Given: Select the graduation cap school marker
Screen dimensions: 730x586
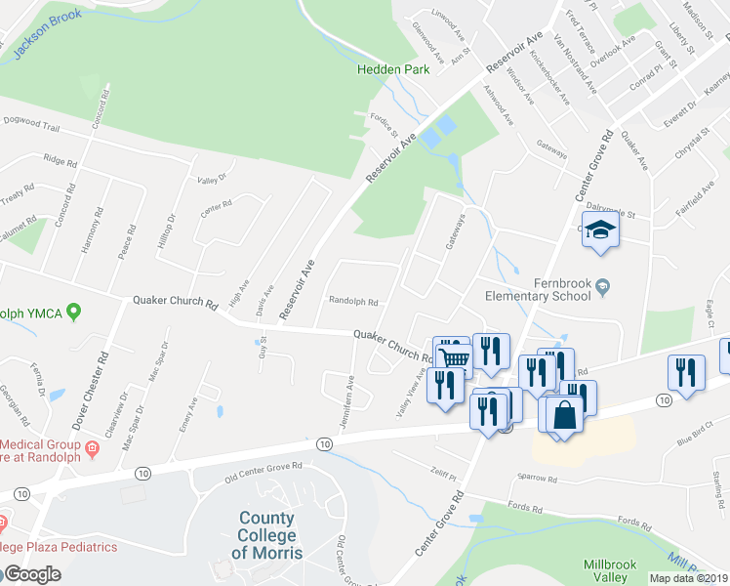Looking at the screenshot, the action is [601, 230].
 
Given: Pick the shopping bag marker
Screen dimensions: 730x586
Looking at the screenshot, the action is [566, 414].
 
